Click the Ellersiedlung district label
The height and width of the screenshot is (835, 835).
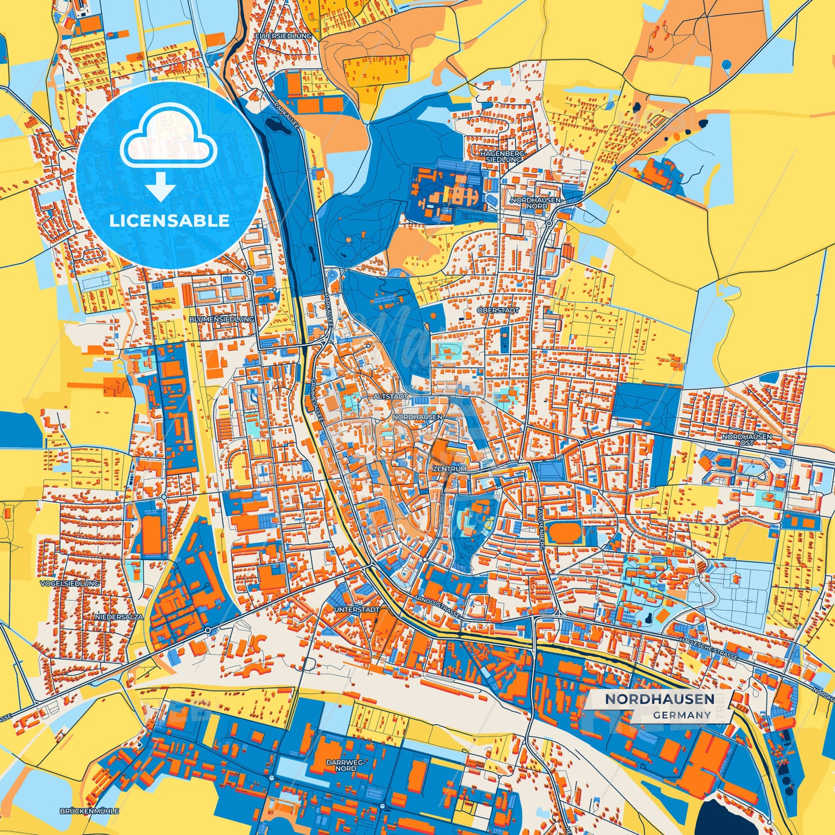[x=283, y=36]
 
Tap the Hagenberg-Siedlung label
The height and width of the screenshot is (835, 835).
[x=502, y=156]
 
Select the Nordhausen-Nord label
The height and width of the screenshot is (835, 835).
[x=529, y=202]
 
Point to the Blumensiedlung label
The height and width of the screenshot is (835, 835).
[x=221, y=319]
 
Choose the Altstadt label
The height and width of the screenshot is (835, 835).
[x=391, y=397]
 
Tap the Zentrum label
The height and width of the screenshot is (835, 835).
[x=449, y=469]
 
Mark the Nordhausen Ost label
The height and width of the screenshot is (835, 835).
[x=746, y=440]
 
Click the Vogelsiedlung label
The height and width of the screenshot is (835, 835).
[x=70, y=584]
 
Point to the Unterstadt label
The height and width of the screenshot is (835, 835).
[x=357, y=610]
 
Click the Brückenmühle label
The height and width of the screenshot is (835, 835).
[x=89, y=811]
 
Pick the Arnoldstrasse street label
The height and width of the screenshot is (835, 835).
[x=437, y=608]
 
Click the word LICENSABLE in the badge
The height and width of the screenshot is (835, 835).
[x=170, y=221]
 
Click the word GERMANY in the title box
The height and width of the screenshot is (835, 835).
[x=682, y=715]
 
